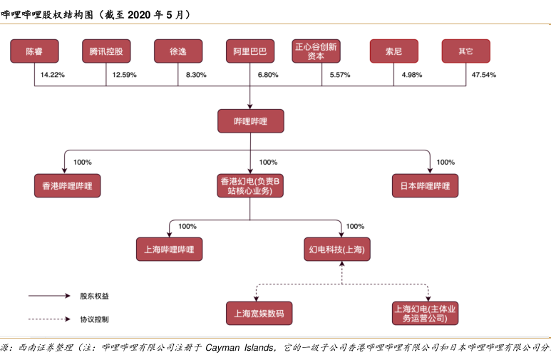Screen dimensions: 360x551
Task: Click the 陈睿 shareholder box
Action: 34,52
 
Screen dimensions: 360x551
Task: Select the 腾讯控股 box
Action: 106,52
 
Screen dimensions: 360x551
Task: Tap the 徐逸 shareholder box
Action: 178,52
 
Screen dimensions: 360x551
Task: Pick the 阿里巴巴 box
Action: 250,52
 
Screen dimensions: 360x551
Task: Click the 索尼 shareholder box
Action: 393,52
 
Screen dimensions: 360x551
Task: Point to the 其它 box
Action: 465,52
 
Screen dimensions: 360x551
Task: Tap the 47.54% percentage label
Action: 484,75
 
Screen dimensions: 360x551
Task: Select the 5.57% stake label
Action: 339,75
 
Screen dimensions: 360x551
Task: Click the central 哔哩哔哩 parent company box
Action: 250,121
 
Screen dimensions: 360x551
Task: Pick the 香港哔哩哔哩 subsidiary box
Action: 67,186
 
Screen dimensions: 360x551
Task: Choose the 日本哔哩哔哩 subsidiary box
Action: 425,186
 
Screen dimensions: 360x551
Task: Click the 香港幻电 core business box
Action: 250,186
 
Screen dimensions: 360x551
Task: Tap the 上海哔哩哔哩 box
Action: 170,249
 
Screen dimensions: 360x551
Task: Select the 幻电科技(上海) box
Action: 341,249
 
